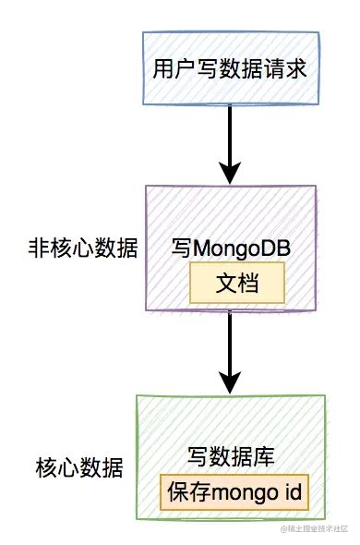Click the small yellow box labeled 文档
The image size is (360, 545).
tap(236, 284)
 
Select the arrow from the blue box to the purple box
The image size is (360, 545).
tap(231, 143)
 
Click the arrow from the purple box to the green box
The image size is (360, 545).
tap(231, 356)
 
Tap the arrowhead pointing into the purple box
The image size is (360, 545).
tap(231, 172)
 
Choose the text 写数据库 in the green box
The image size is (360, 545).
tap(232, 457)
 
